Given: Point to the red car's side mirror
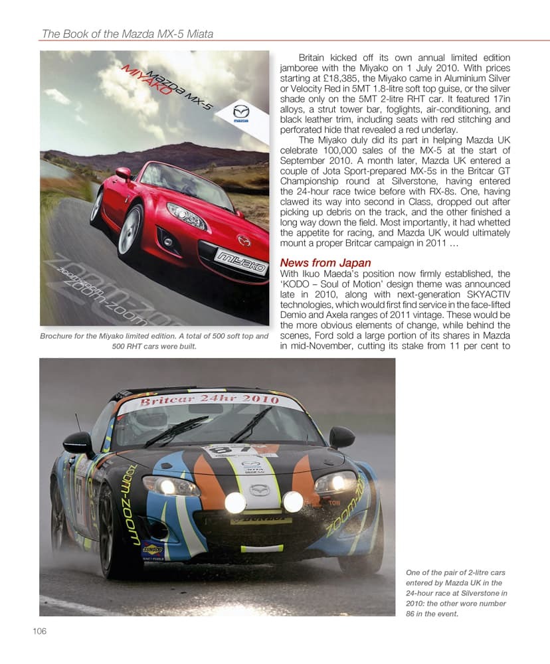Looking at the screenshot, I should click(124, 173).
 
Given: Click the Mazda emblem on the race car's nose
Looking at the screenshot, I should click(260, 490).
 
